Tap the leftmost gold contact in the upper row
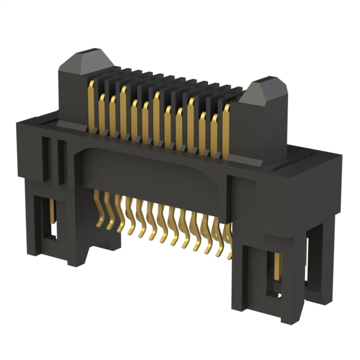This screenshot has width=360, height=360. click(x=91, y=101)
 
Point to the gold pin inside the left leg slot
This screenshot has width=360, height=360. click(x=52, y=214)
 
